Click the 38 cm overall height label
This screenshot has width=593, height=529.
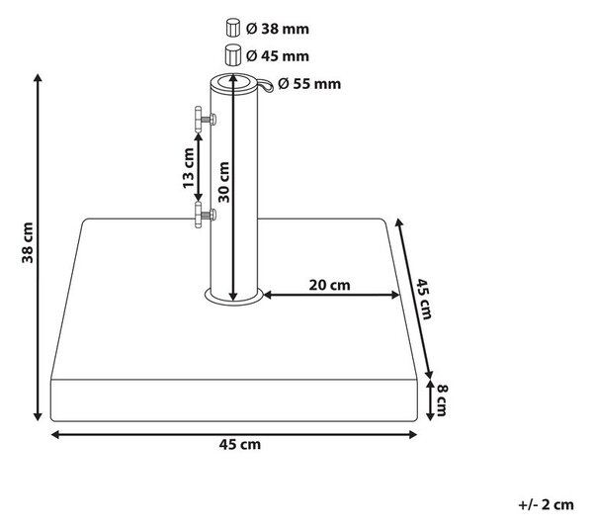pyautogui.click(x=28, y=242)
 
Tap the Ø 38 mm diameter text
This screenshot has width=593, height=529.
pyautogui.click(x=277, y=29)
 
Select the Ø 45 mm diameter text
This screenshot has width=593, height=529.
pyautogui.click(x=277, y=56)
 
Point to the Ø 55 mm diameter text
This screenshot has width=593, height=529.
pyautogui.click(x=309, y=84)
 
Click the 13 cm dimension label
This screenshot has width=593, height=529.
pyautogui.click(x=188, y=168)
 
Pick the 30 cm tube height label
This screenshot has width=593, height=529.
pyautogui.click(x=224, y=182)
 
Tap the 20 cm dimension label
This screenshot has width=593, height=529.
pyautogui.click(x=329, y=285)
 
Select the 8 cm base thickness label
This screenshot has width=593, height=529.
pyautogui.click(x=442, y=400)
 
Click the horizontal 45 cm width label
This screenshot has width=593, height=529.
pyautogui.click(x=240, y=444)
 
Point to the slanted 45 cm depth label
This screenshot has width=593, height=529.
pyautogui.click(x=424, y=299)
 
